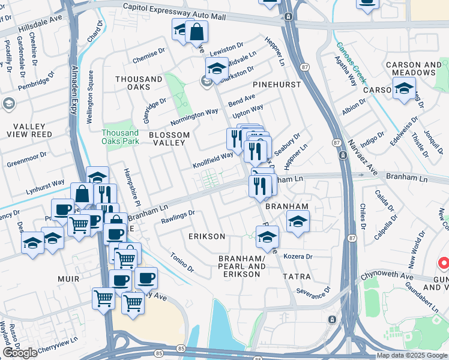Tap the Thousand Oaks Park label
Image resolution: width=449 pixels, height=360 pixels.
(120, 137)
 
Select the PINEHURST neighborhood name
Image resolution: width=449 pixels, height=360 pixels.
(277, 85)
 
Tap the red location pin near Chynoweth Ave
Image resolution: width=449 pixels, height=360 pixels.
(444, 263)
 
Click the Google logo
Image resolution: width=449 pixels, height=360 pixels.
(20, 353)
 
